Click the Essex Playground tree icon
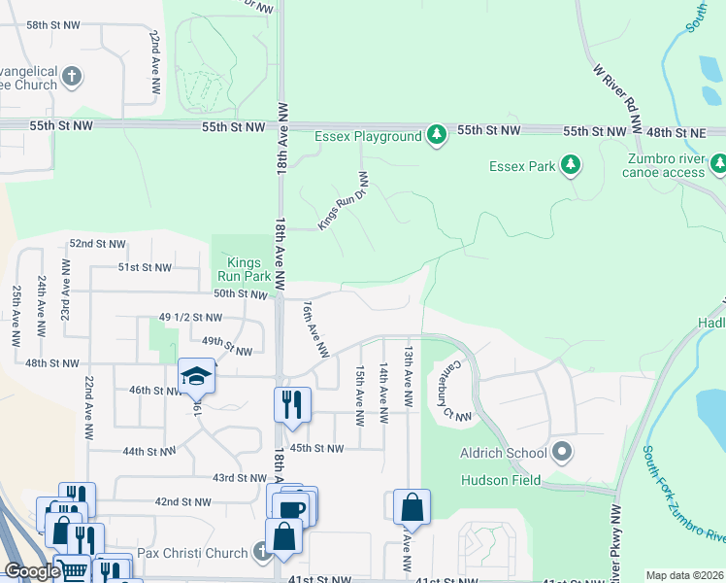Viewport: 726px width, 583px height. pos(437,136)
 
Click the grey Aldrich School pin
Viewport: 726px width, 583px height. pos(562,453)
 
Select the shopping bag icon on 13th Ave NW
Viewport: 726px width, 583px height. pos(412,507)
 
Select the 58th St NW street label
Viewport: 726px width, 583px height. pos(53,24)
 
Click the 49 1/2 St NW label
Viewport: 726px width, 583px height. pos(190,318)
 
